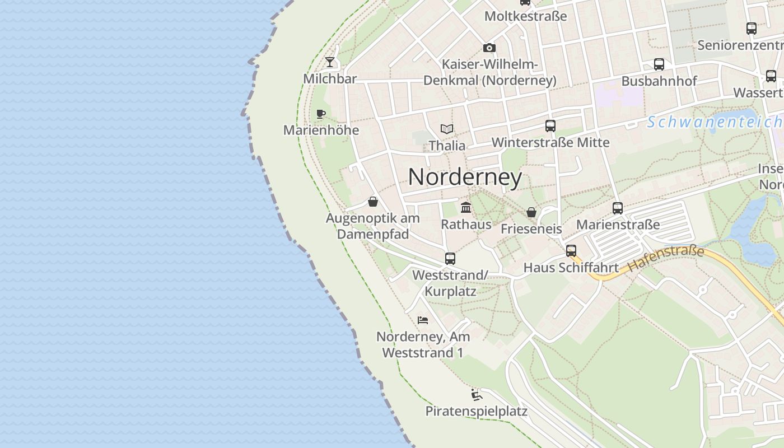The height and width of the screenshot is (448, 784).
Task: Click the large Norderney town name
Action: pos(465,178)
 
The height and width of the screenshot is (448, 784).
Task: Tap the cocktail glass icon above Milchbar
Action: pos(330,62)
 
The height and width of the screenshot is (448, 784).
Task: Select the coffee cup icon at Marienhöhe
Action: pos(321,114)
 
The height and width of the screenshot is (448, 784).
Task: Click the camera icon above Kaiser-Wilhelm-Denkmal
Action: pos(489,48)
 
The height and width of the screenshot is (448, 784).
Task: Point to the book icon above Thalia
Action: pos(446,129)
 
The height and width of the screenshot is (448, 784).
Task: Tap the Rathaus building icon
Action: pos(465,208)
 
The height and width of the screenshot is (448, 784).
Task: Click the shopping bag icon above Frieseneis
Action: pos(531,212)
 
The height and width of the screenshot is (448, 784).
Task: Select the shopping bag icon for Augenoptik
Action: pos(373,202)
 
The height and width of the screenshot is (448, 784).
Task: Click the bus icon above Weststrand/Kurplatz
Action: pos(450,259)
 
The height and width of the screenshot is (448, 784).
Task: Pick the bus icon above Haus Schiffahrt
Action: pos(571,251)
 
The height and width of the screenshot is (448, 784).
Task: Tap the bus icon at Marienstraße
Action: pos(618,208)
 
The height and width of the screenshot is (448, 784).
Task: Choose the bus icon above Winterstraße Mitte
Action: pos(550,126)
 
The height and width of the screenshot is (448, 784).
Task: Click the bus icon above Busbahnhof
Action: pos(659,64)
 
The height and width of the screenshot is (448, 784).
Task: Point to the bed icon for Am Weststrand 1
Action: pos(423,320)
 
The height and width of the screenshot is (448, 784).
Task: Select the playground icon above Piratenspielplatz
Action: pos(477,395)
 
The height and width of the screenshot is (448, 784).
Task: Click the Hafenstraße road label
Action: pos(666,259)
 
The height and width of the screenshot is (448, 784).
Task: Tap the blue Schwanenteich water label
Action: pos(715,122)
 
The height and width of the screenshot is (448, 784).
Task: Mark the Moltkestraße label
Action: pos(525,16)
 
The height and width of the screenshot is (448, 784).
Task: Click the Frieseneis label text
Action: pos(531,228)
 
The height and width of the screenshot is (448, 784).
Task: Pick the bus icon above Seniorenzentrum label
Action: pos(752,29)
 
